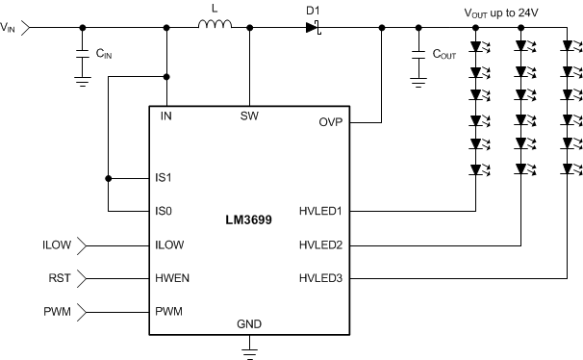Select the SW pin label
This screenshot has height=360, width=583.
[249, 116]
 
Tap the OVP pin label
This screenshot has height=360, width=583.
[330, 123]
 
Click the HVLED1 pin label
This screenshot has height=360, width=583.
[322, 210]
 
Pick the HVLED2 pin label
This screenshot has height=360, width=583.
[322, 244]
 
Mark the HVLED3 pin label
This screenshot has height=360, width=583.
[322, 278]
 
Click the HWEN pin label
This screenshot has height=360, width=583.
[172, 278]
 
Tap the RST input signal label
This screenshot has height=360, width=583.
[58, 278]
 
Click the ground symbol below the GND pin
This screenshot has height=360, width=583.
[249, 352]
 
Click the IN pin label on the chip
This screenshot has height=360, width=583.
[166, 116]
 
